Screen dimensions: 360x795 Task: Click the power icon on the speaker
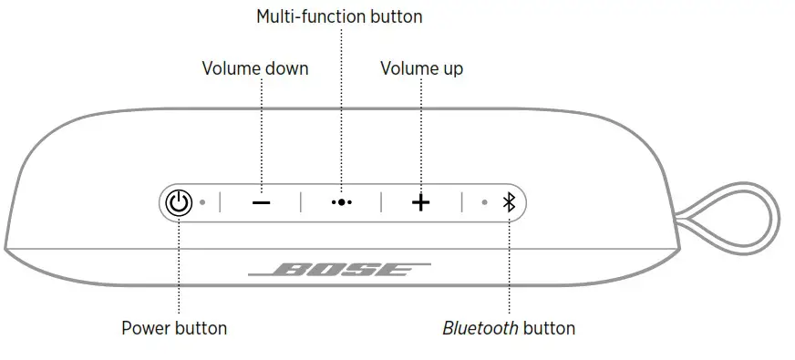[x=179, y=202]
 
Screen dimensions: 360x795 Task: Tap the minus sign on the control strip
[x=262, y=202]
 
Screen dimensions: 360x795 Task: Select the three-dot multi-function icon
[x=341, y=202]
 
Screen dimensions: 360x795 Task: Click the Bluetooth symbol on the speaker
[x=510, y=202]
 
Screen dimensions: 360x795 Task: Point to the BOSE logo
[x=339, y=271]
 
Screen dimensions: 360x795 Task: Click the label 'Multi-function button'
[x=339, y=16]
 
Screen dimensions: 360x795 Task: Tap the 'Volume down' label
[x=254, y=68]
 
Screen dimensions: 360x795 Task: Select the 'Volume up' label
[x=422, y=68]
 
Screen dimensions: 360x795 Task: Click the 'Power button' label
[x=174, y=328]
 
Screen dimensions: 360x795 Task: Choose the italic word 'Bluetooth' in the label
[x=479, y=328]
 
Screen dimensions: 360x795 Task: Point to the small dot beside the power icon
[x=203, y=202]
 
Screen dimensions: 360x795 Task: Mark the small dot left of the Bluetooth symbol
[x=485, y=202]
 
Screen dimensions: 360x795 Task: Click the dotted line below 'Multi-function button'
[x=341, y=100]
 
